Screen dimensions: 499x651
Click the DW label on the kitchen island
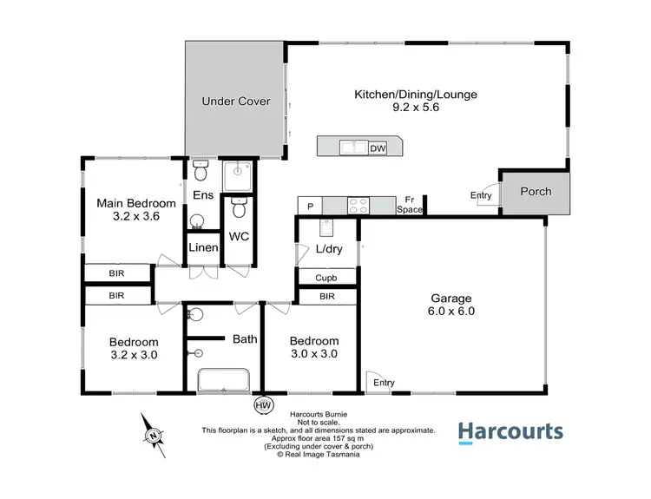tap(378, 148)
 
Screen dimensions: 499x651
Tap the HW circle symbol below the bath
tap(261, 404)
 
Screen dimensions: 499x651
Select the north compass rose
tap(154, 434)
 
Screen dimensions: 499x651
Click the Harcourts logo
tap(510, 432)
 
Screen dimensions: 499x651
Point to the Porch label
tap(535, 192)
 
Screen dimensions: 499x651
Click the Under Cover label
tap(236, 102)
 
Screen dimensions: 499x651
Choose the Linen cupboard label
tap(203, 248)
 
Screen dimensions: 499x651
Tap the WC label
tap(240, 236)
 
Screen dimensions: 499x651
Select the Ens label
tap(203, 195)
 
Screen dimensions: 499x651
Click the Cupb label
tap(326, 278)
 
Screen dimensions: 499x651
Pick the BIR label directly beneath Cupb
tap(326, 297)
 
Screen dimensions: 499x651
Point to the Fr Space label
tap(410, 206)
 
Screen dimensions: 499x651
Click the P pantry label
tap(310, 206)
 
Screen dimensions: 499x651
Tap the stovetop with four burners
tap(359, 206)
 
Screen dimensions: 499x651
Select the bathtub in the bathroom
tap(224, 380)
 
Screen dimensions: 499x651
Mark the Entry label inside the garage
tap(383, 383)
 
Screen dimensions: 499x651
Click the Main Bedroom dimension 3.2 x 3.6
tap(136, 218)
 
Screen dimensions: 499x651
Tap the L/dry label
tap(328, 249)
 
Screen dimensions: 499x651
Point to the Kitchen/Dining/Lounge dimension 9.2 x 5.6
tap(415, 110)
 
